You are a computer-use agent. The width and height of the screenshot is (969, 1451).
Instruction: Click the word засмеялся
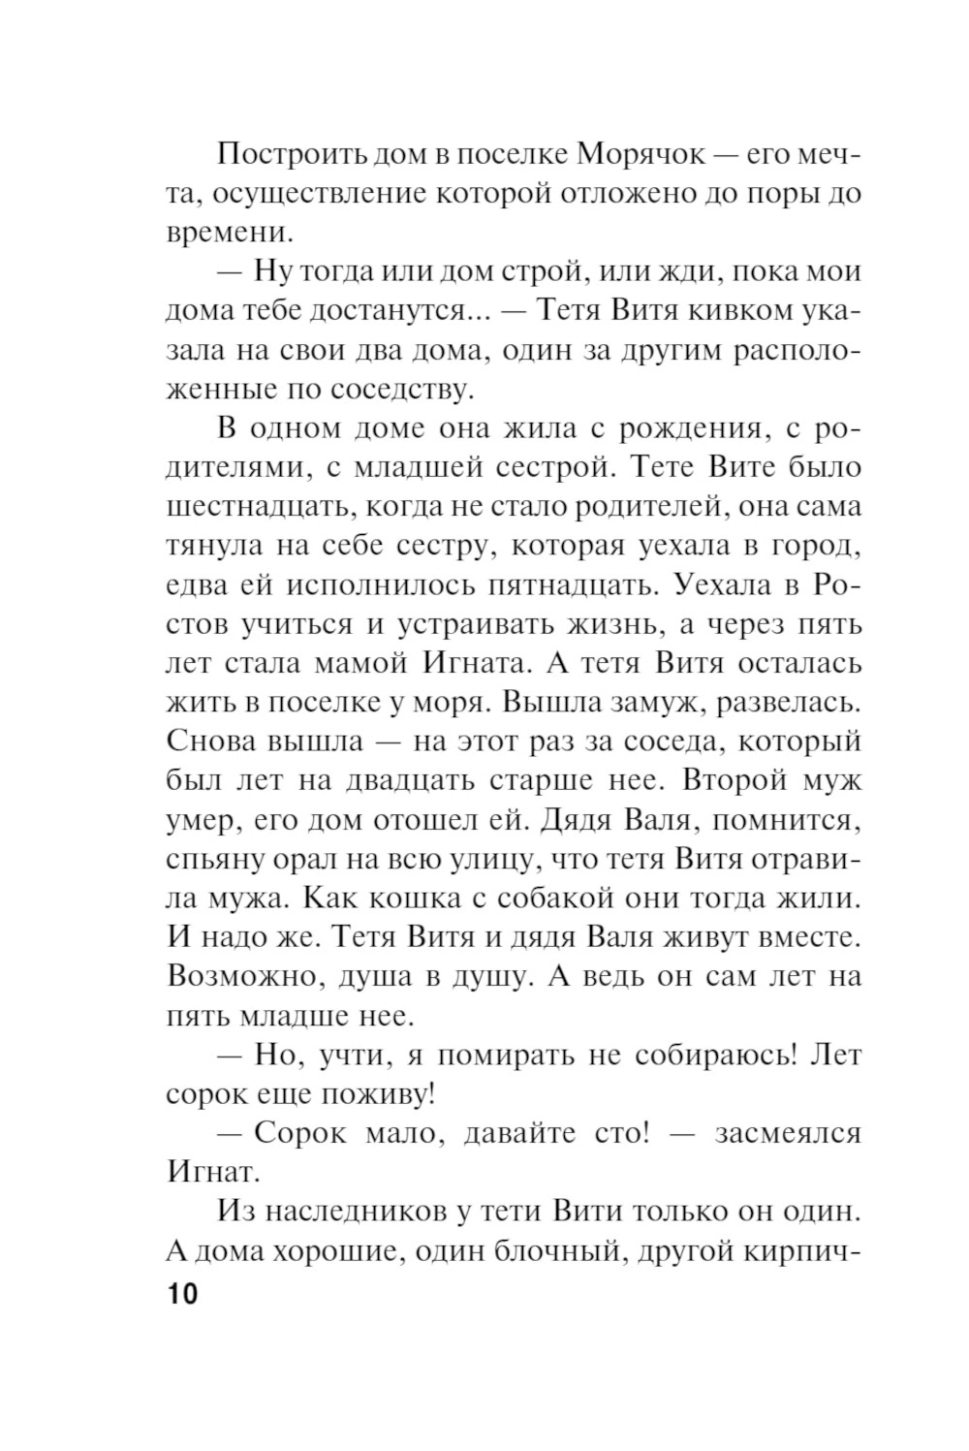788,1133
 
